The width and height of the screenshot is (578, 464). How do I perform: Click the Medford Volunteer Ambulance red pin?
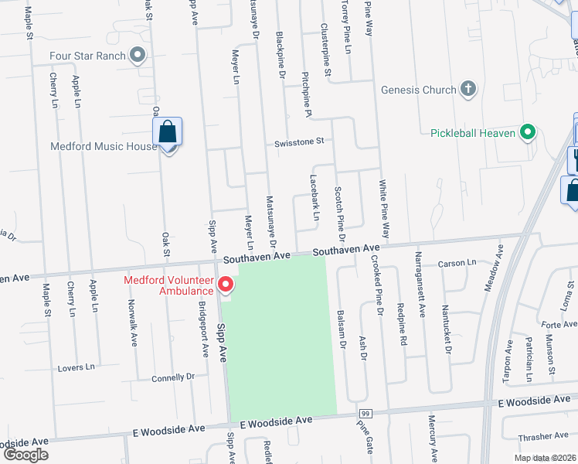226,285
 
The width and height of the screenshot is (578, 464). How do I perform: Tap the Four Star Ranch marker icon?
138,54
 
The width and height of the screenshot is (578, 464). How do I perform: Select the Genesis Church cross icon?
467,89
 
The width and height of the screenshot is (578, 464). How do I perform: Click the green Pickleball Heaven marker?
528,132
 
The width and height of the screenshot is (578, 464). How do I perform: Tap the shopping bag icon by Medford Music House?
168,133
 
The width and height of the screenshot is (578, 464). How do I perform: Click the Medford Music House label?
104,145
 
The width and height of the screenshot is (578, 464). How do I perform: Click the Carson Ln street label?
457,264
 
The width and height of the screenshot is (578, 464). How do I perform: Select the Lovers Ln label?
76,367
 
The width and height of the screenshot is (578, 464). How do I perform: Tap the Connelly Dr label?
173,377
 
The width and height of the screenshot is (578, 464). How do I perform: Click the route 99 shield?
365,415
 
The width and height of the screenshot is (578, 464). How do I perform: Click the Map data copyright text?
545,458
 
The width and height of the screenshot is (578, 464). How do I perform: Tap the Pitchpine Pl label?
307,101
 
